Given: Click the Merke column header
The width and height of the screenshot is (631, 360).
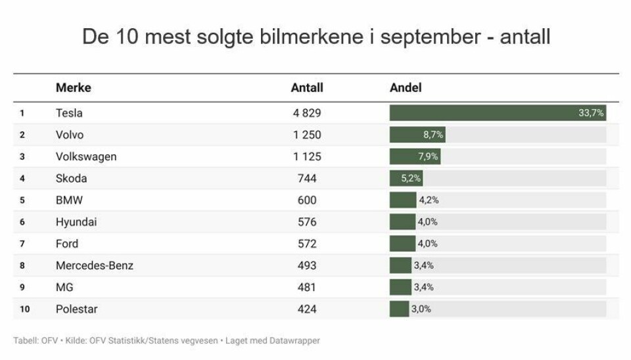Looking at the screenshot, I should (73, 87).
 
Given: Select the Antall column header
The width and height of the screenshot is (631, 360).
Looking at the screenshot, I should (307, 87).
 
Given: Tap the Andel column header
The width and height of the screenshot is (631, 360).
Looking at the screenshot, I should (406, 87).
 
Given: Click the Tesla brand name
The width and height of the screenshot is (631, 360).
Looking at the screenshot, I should (69, 113).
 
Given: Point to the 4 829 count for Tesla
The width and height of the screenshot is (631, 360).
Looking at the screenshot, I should (307, 113).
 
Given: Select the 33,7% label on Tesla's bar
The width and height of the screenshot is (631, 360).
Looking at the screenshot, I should (591, 113).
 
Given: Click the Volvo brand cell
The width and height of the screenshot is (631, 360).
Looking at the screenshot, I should (70, 135).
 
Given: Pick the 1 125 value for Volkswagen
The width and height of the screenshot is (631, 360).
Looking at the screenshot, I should (307, 156).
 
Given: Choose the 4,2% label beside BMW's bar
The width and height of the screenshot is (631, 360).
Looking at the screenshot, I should (429, 200).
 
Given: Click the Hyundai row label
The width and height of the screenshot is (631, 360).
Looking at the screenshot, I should (76, 222).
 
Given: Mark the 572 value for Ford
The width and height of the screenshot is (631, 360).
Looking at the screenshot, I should (307, 244).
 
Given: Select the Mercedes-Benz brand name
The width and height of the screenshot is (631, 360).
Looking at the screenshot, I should (95, 265).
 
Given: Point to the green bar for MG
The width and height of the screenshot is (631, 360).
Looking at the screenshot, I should (400, 287).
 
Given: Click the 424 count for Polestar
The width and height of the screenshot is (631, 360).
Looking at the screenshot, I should (307, 309).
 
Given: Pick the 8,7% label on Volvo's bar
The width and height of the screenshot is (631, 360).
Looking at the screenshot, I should (433, 135).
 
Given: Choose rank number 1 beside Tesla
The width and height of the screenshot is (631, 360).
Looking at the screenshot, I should (22, 113).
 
